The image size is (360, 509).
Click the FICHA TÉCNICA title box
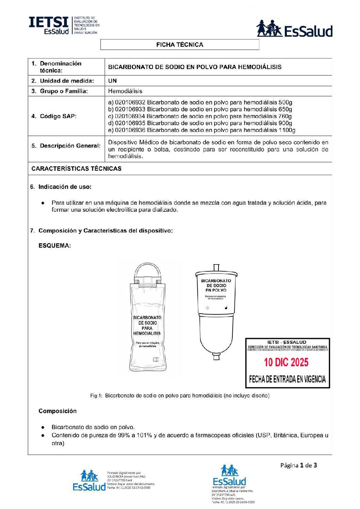(x=180, y=45)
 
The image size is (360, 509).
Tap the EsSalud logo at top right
(x=294, y=29)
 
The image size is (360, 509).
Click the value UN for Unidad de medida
(x=112, y=81)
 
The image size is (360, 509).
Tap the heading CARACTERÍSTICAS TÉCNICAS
(x=76, y=169)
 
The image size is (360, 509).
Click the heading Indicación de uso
(x=65, y=187)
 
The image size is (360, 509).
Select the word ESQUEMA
(x=54, y=245)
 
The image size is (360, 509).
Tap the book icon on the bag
(x=156, y=360)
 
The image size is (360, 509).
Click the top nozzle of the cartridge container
(x=216, y=268)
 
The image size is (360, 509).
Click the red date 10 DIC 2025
(x=286, y=362)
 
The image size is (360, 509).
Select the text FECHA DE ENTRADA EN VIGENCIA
(x=287, y=379)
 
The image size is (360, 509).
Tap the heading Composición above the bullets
(x=58, y=411)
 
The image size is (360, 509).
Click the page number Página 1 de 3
(x=298, y=465)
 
